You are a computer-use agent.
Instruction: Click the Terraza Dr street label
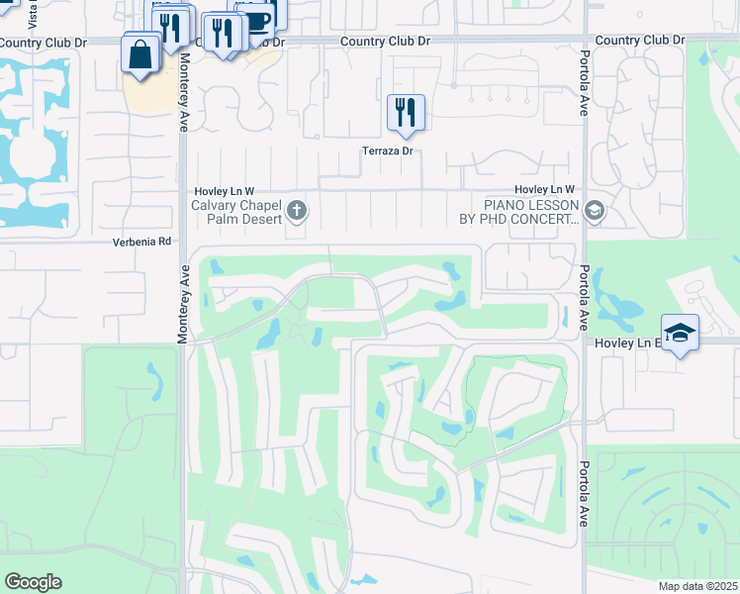click(x=385, y=151)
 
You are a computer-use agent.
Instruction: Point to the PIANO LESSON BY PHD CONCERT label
click(x=530, y=212)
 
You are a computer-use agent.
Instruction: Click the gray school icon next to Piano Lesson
click(x=594, y=210)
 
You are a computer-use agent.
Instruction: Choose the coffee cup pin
click(x=257, y=20)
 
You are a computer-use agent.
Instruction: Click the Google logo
click(x=33, y=582)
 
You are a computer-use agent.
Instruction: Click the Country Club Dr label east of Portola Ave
click(x=640, y=41)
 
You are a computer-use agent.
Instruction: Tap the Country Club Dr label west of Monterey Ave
click(x=44, y=43)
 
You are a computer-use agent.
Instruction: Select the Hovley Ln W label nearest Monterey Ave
click(x=223, y=190)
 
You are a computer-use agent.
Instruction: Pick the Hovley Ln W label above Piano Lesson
click(x=544, y=189)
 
